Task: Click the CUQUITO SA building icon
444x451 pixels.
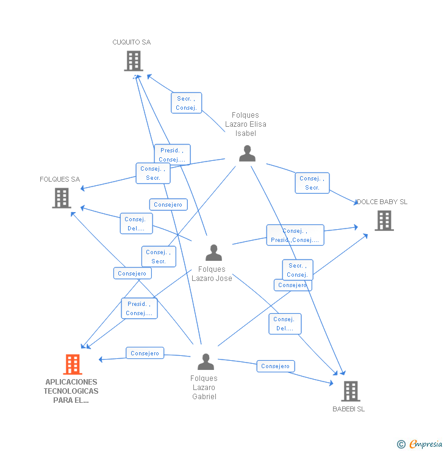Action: coord(133,61)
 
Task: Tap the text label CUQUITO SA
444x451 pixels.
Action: coord(131,43)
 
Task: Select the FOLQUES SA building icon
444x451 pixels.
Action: coord(62,198)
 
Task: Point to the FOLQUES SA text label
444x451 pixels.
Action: coord(60,180)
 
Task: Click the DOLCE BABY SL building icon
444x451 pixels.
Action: coord(384,221)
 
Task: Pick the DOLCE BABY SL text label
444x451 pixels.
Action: coord(382,202)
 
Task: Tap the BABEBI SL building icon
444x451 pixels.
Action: coord(350,391)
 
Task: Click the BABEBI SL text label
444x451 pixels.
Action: coord(349,409)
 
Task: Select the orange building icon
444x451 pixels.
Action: coord(73,364)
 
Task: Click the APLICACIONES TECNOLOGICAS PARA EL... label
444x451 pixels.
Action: coord(71,391)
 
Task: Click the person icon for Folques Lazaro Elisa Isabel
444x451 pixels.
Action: coord(247,153)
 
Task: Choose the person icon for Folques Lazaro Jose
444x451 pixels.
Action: coord(213,252)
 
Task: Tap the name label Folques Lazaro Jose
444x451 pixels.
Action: coord(212,274)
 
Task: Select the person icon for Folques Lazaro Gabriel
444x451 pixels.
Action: coord(206,362)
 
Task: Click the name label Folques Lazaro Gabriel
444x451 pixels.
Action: coord(204,388)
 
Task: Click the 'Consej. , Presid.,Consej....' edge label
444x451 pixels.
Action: coord(295,235)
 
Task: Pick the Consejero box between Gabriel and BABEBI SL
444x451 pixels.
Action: coord(275,366)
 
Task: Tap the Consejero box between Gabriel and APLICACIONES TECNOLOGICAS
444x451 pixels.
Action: coord(145,353)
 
